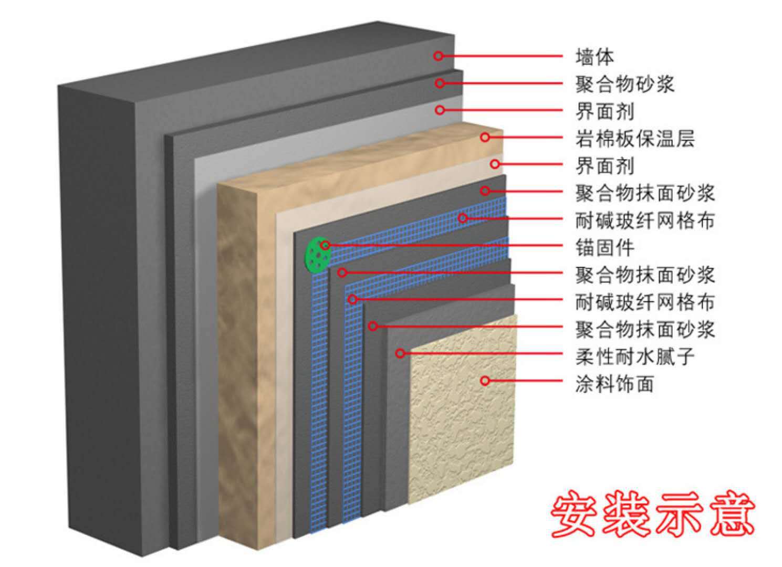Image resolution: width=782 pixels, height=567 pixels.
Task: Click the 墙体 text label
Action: point(594,57)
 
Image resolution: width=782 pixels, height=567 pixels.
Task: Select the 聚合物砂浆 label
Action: point(624,84)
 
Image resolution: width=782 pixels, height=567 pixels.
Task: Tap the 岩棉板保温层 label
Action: point(635,139)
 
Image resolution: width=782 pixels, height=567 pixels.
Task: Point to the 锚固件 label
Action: point(604,247)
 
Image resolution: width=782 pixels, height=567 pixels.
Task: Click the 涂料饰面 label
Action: point(614,383)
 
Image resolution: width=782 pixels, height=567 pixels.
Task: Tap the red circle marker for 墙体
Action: point(439,56)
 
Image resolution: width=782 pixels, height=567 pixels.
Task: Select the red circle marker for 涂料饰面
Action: point(485,381)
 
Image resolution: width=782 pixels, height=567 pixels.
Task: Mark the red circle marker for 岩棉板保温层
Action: point(485,137)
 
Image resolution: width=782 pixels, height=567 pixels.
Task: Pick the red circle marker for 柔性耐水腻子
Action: point(400,353)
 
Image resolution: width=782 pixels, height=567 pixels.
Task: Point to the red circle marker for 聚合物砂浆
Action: point(440,83)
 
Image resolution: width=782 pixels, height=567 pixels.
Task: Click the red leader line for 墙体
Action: point(503,56)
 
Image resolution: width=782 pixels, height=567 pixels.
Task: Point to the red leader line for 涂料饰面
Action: point(526,381)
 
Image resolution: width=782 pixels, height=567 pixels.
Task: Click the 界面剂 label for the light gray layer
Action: point(604,111)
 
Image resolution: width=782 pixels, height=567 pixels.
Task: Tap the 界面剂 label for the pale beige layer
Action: point(604,166)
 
